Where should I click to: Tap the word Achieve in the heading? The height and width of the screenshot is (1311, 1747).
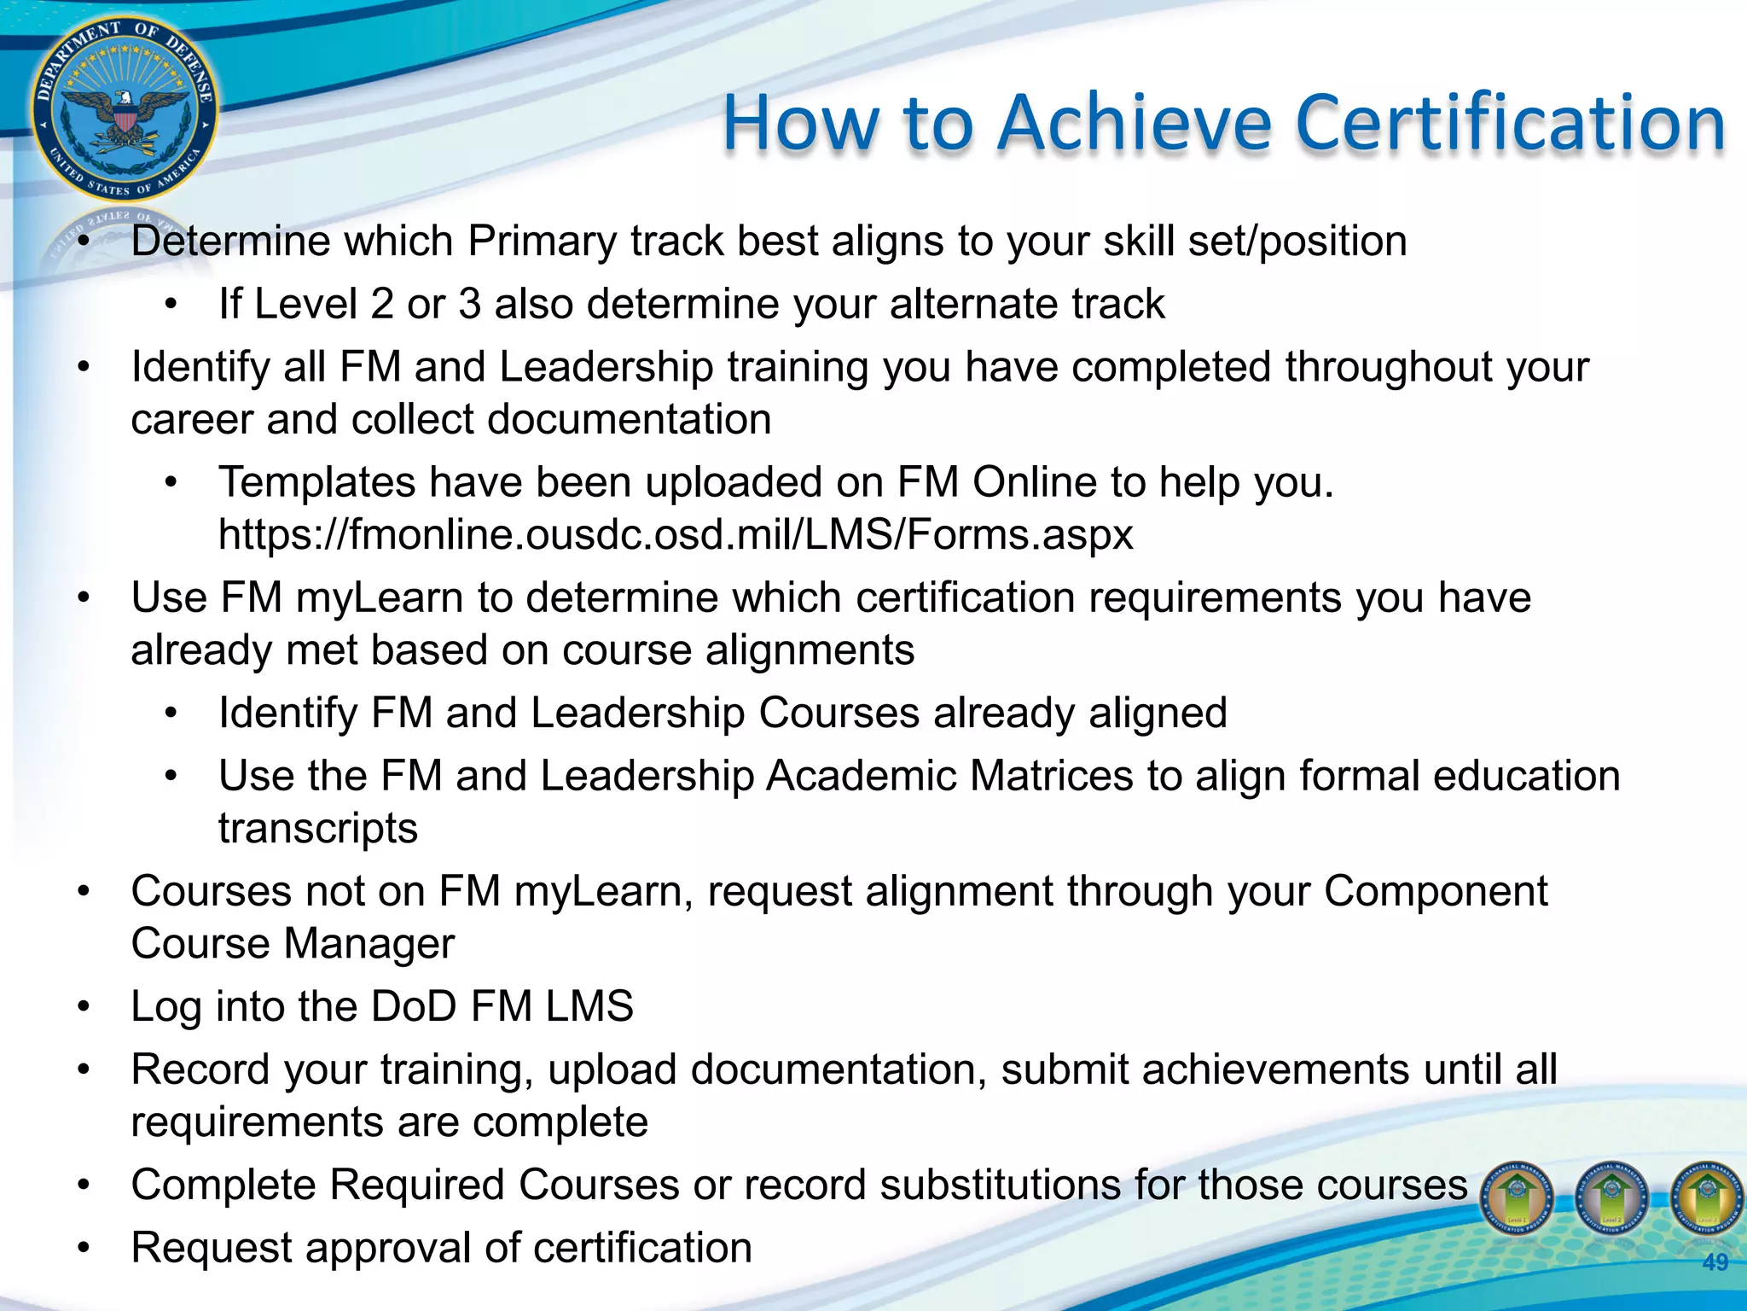pos(1134,124)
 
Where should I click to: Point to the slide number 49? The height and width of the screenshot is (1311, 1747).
pos(1715,1262)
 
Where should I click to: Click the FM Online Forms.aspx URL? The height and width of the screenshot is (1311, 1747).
pos(676,535)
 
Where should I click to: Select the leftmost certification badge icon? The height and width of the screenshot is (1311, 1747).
pos(1517,1198)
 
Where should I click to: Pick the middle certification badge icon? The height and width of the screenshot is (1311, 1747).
pos(1611,1198)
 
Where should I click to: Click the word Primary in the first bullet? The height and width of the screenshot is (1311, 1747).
pos(542,242)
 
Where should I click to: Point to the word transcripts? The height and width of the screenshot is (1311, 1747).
pos(318,829)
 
